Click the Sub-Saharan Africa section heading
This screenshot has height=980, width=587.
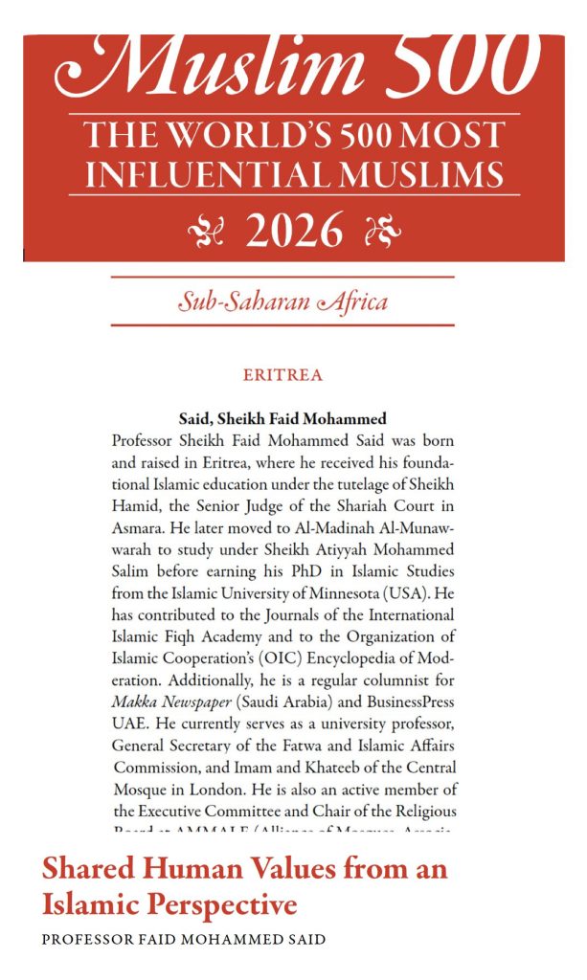point(282,302)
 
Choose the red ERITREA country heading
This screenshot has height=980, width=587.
point(282,375)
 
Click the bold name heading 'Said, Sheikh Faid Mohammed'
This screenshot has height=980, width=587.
point(282,418)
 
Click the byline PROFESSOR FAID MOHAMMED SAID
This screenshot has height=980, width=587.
point(184,939)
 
